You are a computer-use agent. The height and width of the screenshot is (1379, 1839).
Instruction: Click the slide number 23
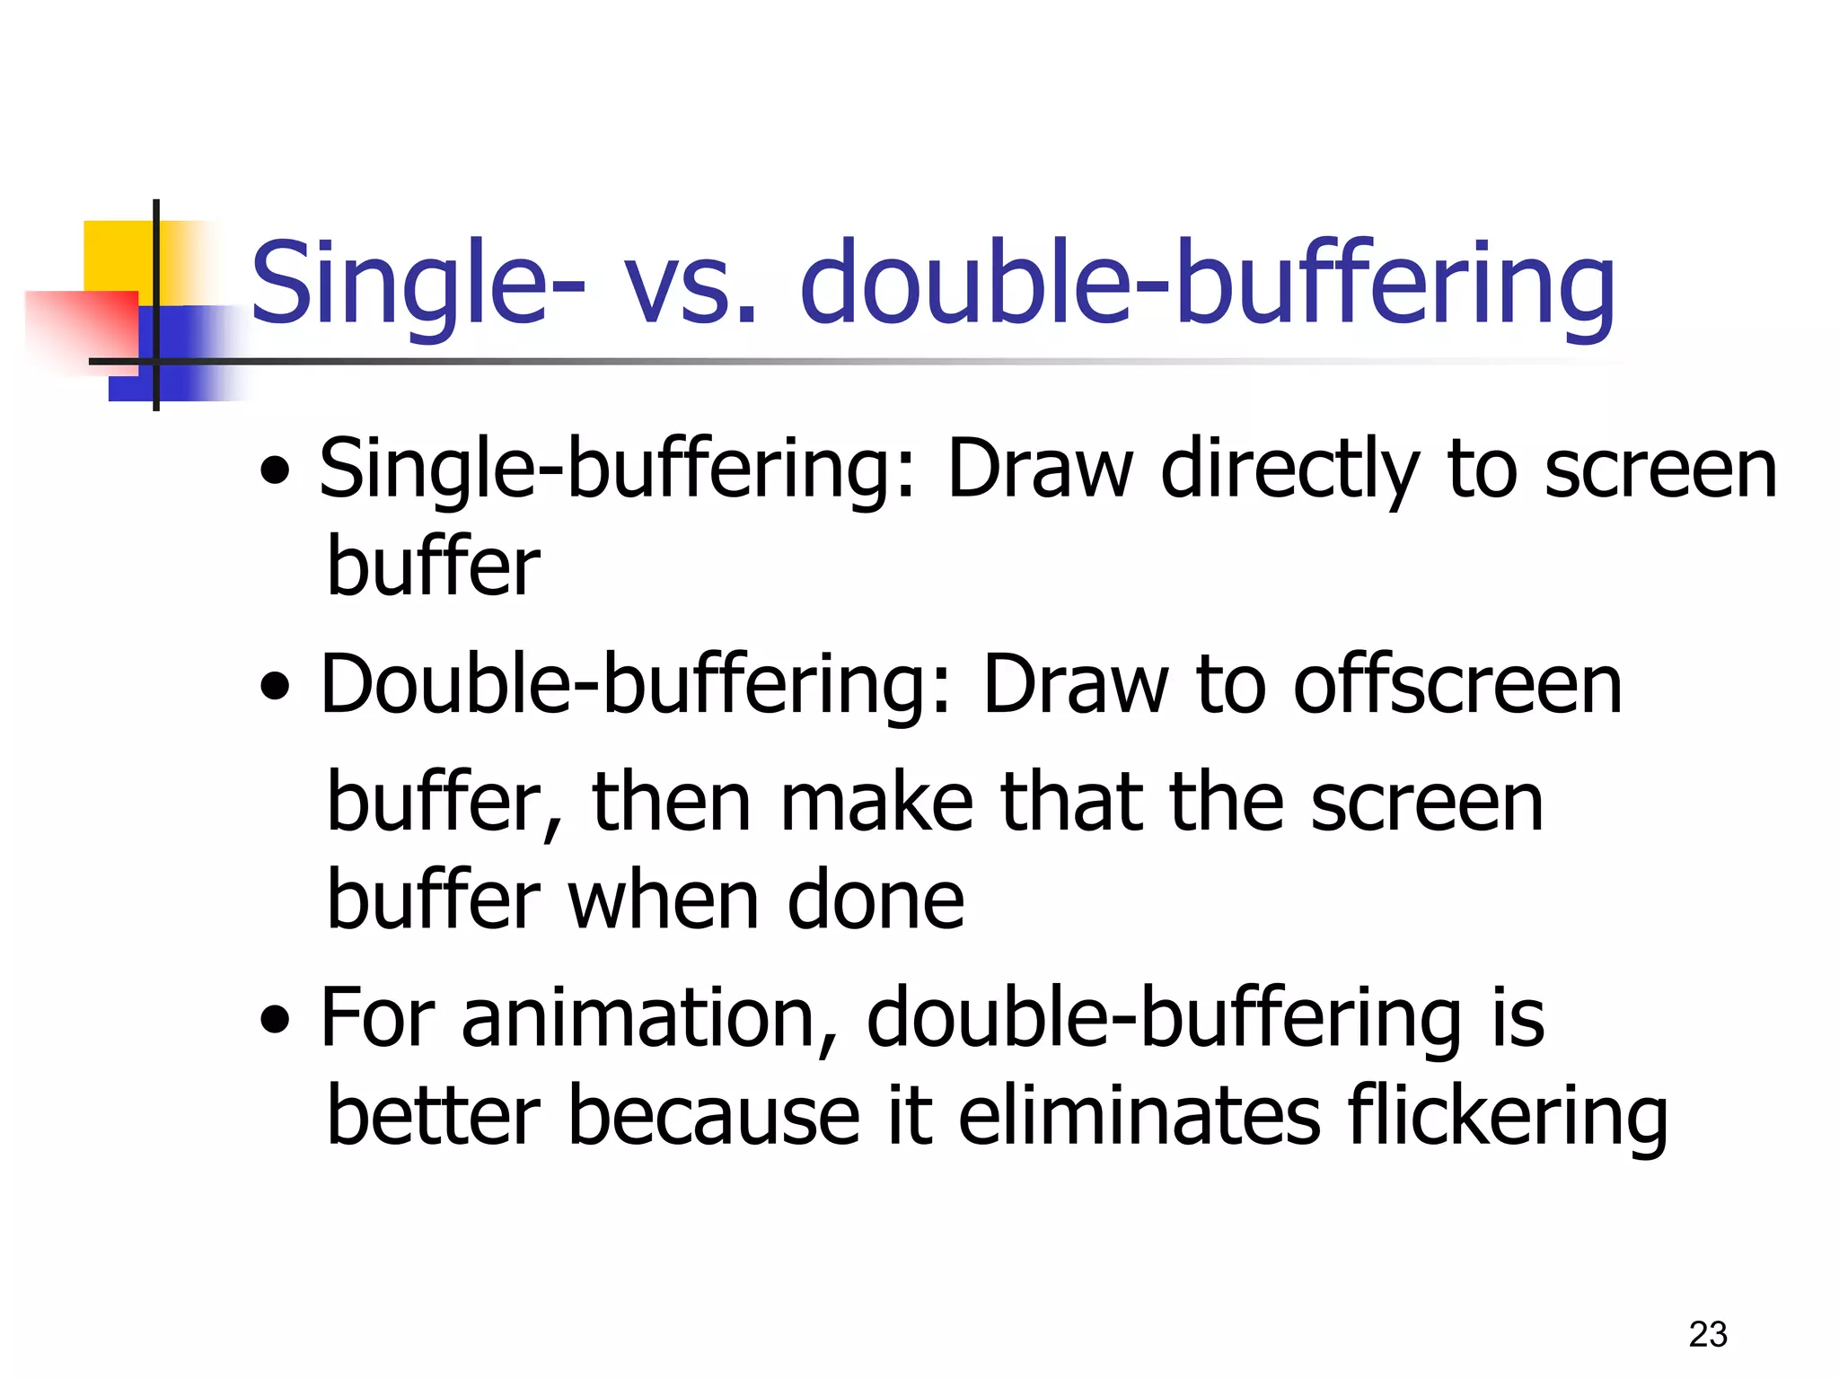tap(1707, 1334)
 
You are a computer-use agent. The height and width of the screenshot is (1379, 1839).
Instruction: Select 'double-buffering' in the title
tap(1207, 285)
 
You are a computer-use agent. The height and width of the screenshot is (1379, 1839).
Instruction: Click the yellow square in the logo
tap(117, 256)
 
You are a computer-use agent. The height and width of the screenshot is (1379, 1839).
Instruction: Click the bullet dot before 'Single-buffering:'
tap(275, 470)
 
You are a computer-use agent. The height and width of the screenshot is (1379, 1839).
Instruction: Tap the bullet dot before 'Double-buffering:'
tap(275, 687)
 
